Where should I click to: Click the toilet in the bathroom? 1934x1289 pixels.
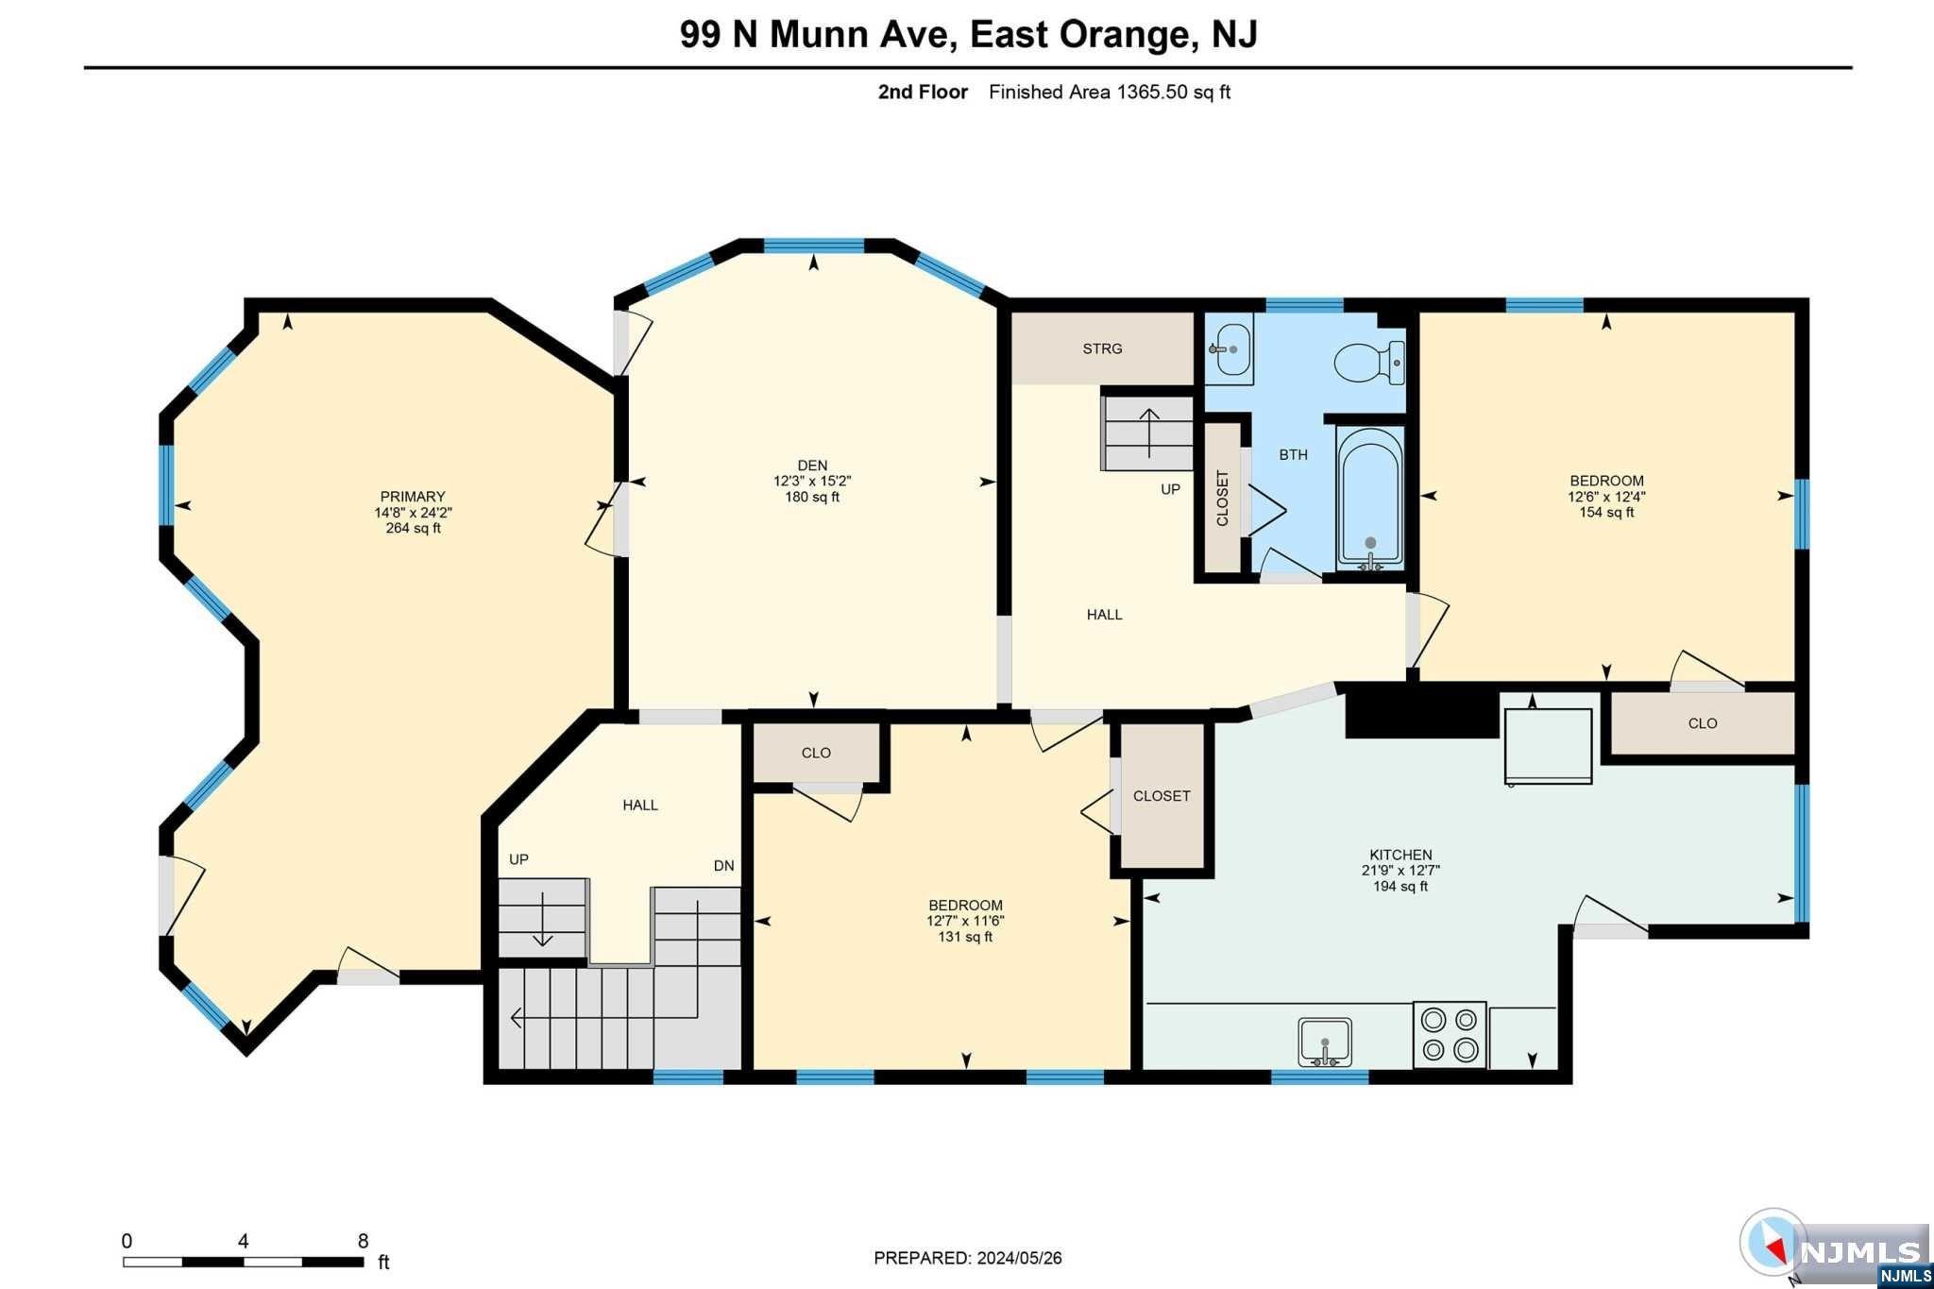1369,363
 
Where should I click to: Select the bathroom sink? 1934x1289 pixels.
1230,349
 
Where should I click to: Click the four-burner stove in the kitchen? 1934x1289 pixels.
1450,1035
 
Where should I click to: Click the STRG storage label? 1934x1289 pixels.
1102,348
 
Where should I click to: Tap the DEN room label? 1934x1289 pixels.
812,466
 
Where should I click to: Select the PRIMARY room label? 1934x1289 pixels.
413,497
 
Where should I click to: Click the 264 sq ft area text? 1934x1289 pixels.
413,528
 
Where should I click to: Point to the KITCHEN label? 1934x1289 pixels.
1400,855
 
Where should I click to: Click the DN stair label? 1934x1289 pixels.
724,866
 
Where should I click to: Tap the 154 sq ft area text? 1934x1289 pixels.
1606,512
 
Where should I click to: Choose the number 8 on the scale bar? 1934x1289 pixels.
363,1241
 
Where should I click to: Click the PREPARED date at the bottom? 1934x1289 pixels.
968,1258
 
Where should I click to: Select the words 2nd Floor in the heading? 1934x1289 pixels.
923,92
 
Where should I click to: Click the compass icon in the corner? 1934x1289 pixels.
1773,1243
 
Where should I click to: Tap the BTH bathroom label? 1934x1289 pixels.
1294,454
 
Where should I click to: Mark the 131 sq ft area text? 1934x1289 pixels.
965,937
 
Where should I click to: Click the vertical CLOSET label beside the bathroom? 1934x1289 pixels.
1222,499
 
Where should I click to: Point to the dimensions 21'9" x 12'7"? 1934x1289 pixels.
1400,871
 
